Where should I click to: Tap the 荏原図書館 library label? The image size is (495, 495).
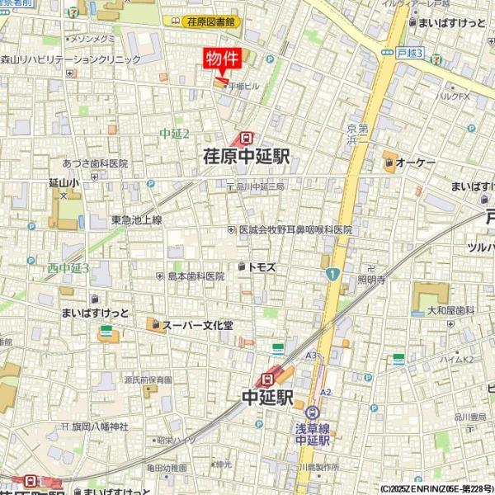211,22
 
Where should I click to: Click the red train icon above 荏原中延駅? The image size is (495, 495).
246,139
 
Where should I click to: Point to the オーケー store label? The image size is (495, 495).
415,164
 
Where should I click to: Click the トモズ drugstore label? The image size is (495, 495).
262,267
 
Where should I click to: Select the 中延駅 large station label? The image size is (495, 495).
267,398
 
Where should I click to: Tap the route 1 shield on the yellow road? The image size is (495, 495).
332,275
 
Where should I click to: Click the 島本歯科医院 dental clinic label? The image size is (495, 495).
196,276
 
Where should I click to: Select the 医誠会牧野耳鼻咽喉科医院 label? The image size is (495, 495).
295,230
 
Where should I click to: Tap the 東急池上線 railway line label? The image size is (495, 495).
137,219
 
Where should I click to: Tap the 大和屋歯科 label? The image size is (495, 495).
450,310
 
